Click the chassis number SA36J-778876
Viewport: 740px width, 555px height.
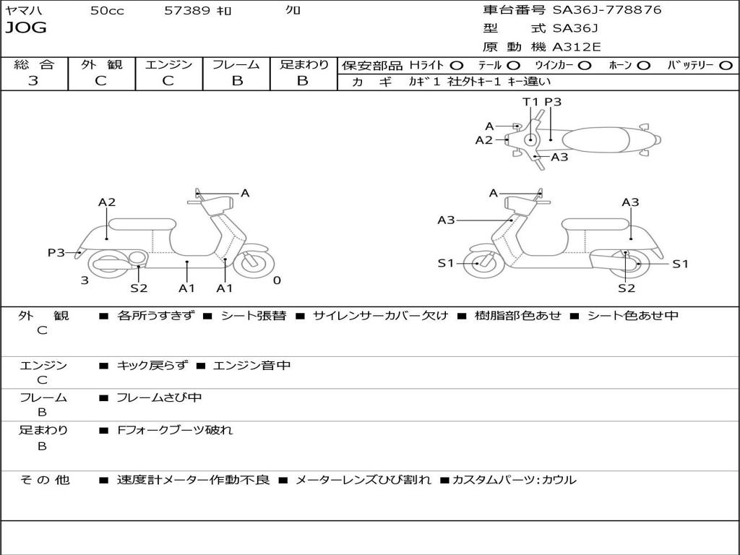pos(606,10)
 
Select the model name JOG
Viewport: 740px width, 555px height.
pos(26,28)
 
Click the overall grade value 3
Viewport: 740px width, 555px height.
pos(33,80)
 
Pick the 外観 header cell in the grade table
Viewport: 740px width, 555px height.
pos(101,64)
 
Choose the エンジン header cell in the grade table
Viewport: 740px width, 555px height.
pos(168,64)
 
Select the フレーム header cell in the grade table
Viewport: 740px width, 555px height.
pos(236,64)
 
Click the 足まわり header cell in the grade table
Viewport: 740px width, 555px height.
pos(304,64)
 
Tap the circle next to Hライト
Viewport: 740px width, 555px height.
pos(457,65)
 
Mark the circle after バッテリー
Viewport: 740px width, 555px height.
pos(726,65)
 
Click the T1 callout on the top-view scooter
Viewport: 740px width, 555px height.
pos(530,102)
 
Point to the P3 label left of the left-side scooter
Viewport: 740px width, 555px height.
pos(56,252)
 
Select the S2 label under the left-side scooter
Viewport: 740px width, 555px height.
pos(139,288)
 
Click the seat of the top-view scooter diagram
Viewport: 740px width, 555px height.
pos(598,139)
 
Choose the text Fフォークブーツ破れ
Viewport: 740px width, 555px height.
pos(175,430)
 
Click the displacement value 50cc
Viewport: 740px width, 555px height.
pos(107,11)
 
